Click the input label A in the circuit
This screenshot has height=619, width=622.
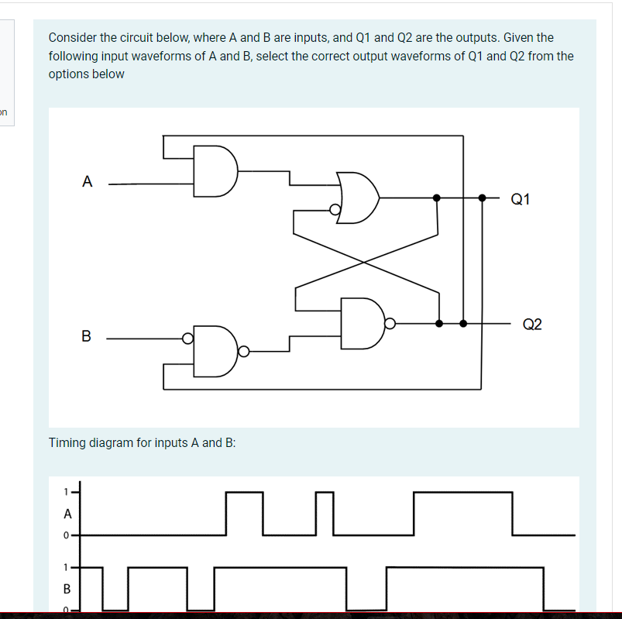tap(88, 182)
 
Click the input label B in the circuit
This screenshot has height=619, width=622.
tap(86, 336)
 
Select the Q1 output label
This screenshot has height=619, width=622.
tap(521, 199)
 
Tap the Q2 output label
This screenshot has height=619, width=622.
tap(532, 324)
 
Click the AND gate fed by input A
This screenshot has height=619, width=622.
tap(215, 170)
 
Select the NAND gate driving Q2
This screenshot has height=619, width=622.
tap(363, 322)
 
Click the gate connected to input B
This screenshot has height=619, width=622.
tap(215, 351)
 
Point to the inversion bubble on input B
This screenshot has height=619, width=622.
tap(187, 338)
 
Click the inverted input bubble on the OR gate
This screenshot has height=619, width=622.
tap(335, 209)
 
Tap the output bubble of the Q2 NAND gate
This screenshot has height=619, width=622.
tap(390, 323)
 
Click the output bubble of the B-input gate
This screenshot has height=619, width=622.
tap(243, 352)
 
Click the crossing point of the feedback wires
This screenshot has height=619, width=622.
tap(366, 261)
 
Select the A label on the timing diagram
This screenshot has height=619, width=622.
tap(67, 513)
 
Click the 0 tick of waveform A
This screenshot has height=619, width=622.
tap(67, 535)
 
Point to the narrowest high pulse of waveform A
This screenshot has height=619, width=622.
tap(325, 493)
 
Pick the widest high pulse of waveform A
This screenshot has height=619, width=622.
tap(462, 493)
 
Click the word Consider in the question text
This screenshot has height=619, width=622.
tap(72, 37)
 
